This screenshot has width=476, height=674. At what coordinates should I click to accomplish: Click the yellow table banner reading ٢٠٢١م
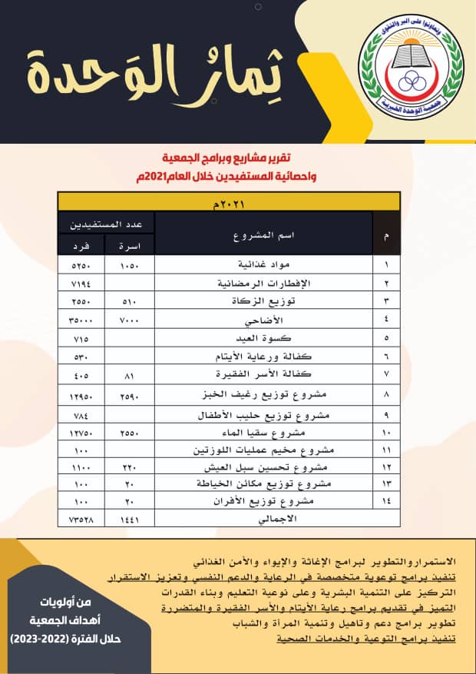[x=229, y=202]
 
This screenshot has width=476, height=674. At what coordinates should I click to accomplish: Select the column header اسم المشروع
[x=265, y=233]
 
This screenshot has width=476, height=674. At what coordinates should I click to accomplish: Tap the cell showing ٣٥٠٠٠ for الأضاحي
[x=81, y=319]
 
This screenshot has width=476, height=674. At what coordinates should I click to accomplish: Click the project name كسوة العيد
[x=265, y=337]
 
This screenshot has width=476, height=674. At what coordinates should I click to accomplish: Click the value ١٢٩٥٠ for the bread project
[x=81, y=394]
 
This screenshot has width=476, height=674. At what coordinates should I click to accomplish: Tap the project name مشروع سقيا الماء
[x=265, y=433]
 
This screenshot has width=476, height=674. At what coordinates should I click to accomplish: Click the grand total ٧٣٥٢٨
[x=81, y=520]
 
